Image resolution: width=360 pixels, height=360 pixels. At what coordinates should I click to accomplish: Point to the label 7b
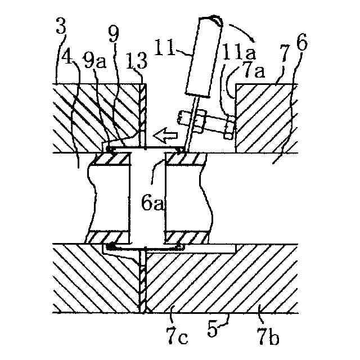tap(269, 338)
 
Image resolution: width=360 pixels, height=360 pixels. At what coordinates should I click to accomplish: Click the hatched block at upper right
tap(264, 118)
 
